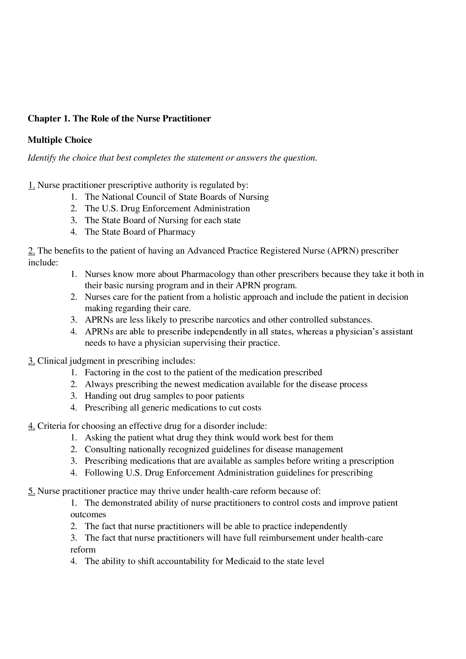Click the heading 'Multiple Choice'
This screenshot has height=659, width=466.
tap(60, 140)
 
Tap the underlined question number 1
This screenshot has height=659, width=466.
tap(32, 185)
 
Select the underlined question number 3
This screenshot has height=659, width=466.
tap(32, 361)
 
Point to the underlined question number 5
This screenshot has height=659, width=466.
tap(32, 491)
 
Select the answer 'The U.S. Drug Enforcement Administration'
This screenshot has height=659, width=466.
tap(167, 209)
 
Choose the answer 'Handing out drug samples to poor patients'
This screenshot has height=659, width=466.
tap(164, 396)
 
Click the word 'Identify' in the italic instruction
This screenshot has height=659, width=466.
tap(42, 158)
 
